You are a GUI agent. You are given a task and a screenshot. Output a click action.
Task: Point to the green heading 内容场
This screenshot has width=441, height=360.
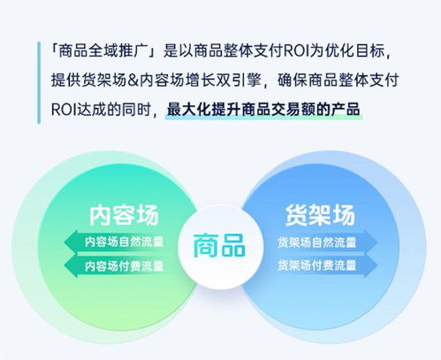tap(123, 216)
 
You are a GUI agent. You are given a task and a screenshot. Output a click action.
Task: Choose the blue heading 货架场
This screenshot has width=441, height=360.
tap(319, 216)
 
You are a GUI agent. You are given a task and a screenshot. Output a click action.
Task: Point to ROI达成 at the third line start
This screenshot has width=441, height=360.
tap(73, 111)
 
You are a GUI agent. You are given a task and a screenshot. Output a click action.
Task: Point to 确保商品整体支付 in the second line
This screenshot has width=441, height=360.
tap(337, 80)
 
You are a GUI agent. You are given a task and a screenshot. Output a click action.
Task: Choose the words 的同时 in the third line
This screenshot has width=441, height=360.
tap(132, 111)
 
